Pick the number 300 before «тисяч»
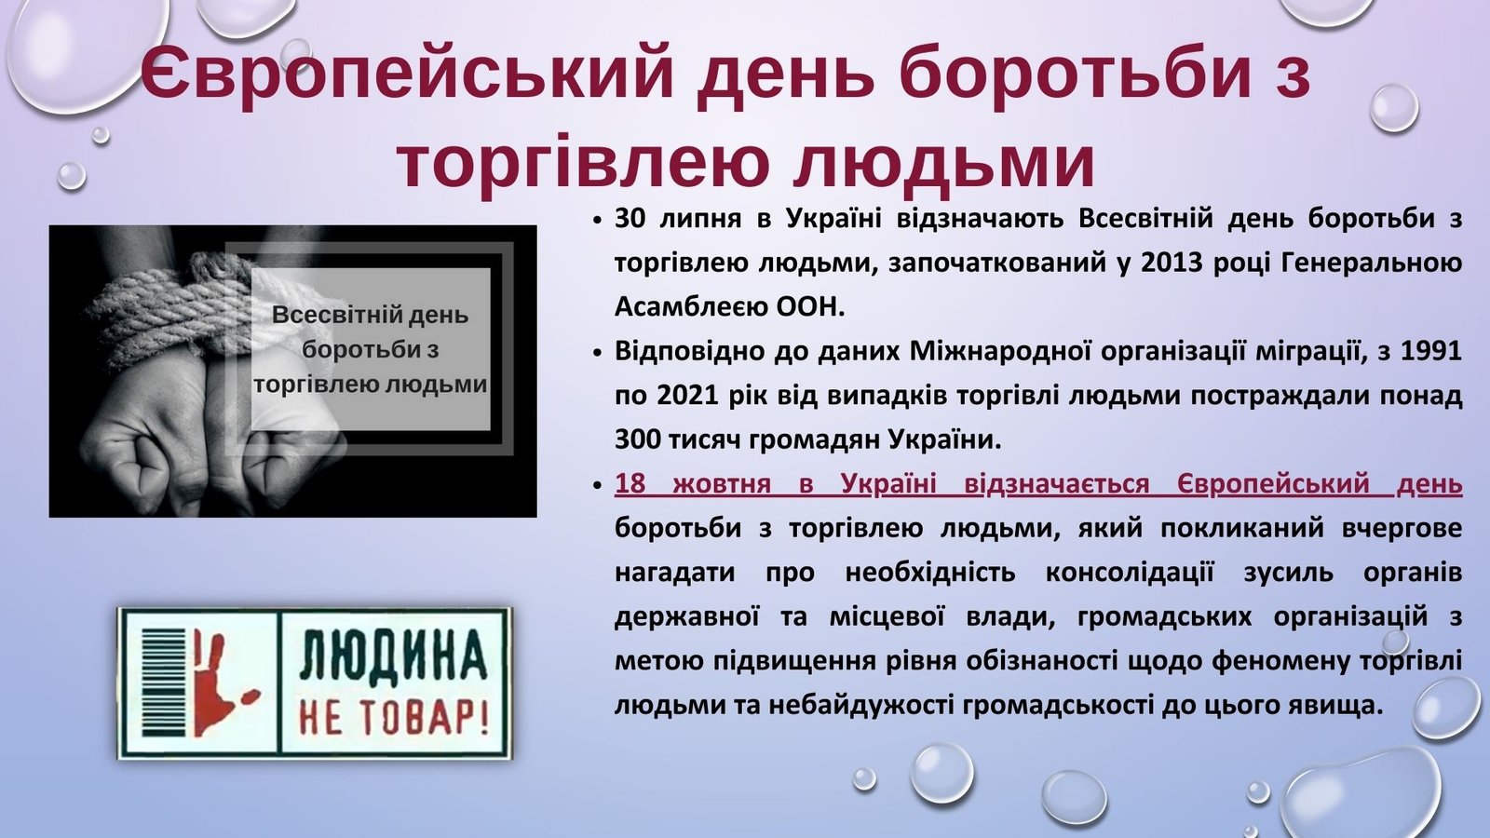coord(637,439)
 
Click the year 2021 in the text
coord(687,396)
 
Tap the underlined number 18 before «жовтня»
coord(630,484)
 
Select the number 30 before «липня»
coord(630,219)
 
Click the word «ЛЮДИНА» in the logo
coord(393,656)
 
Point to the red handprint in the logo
coord(223,685)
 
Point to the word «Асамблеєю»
coord(688,307)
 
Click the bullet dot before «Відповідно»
coord(597,353)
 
